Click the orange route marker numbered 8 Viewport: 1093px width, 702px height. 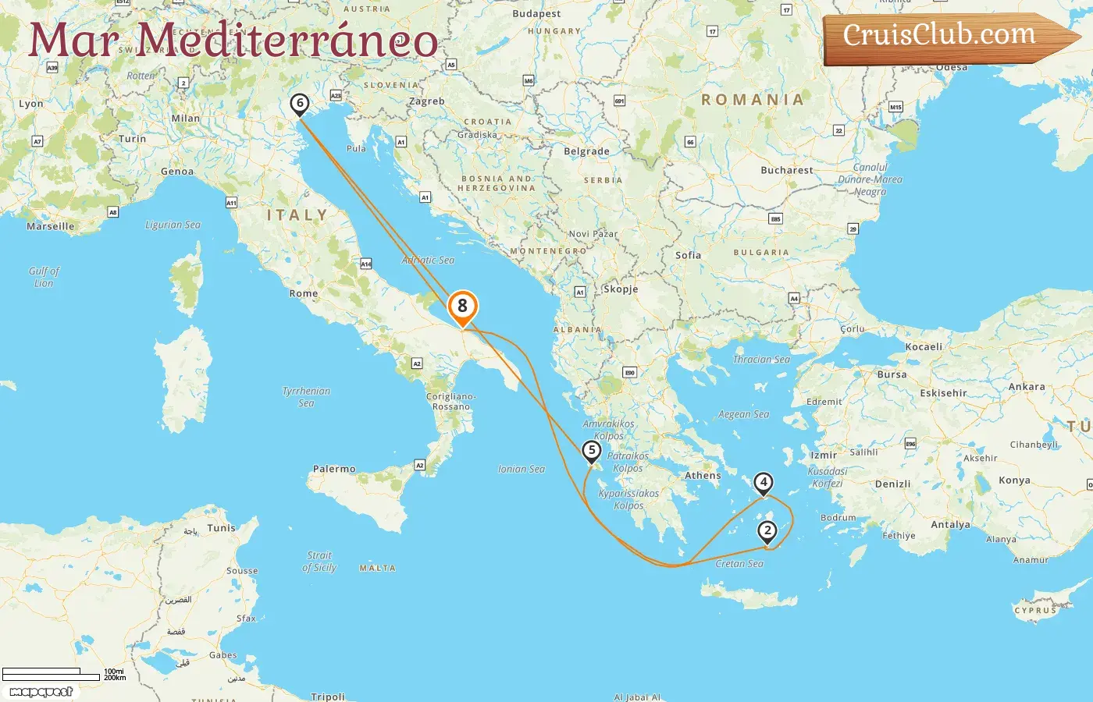462,307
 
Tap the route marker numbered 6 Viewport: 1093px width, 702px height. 299,103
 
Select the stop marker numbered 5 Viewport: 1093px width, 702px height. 592,450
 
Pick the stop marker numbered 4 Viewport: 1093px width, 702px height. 764,483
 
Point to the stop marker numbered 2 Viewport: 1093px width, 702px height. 767,531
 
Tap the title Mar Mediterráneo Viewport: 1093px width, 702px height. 233,41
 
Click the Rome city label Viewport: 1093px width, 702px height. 304,293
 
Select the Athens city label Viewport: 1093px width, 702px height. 703,475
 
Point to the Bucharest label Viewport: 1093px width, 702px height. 787,170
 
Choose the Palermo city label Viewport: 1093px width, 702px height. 334,469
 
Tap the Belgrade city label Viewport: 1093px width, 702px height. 586,151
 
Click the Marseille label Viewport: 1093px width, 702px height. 51,226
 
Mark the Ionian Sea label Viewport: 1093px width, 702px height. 522,469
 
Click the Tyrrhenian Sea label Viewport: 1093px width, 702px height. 306,397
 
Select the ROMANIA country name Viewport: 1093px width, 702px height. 753,100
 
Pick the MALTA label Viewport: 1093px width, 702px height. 377,568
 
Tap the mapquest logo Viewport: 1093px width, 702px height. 41,692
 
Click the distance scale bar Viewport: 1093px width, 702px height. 52,674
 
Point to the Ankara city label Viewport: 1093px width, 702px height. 1027,386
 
